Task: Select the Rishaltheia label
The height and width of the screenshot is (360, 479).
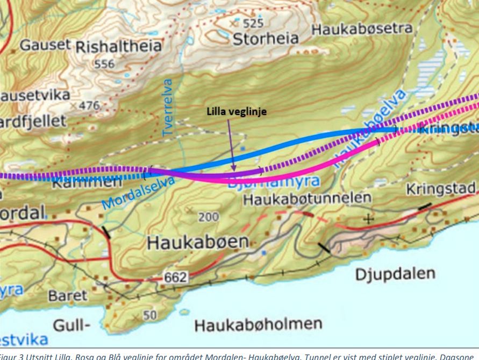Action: [x=118, y=47]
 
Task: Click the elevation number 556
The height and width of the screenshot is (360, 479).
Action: [x=104, y=65]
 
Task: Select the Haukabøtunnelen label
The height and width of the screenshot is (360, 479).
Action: [x=307, y=199]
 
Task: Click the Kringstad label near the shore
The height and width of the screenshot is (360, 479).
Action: [x=440, y=189]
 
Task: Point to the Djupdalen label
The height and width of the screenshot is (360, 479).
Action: [x=395, y=274]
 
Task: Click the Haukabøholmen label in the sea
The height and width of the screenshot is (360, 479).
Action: [x=258, y=325]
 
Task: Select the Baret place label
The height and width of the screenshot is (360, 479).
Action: [x=67, y=295]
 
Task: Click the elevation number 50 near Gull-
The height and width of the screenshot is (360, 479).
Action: [x=147, y=314]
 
